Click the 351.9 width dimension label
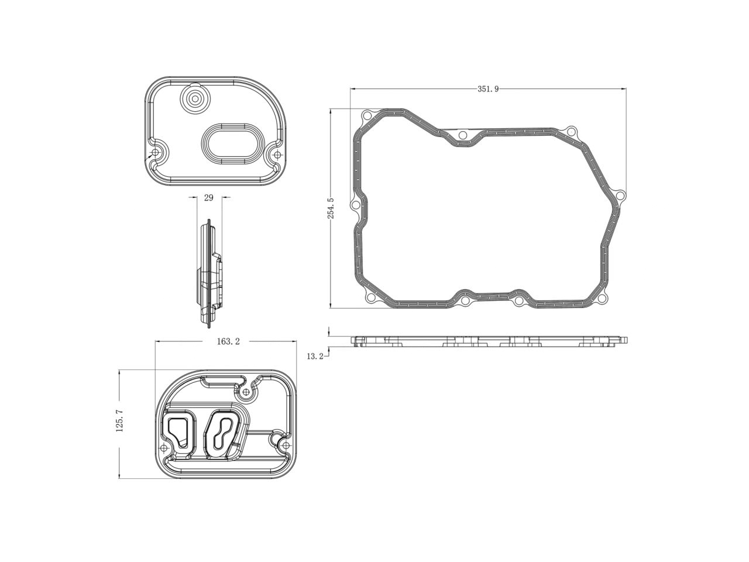487,89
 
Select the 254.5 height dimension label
331,208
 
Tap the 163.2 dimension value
228,342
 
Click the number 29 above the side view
208,198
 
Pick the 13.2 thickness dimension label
314,356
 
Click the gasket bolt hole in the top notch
463,136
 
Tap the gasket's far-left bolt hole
354,205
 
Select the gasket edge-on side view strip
489,341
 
